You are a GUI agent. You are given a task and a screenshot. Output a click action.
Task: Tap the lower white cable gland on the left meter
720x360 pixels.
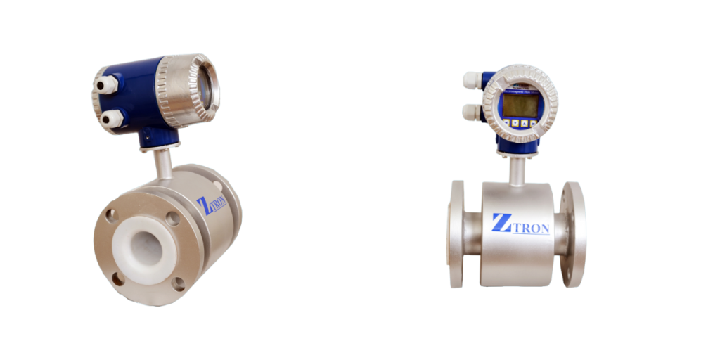[x=110, y=120]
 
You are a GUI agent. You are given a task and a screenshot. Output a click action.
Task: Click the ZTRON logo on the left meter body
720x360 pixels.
[x=211, y=205]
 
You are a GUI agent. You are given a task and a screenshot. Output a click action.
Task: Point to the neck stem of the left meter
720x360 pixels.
[x=162, y=164]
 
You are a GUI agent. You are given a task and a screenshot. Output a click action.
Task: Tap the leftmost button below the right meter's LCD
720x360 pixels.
[x=506, y=123]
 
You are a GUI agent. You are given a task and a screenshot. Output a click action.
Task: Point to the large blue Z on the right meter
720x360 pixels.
[x=502, y=223]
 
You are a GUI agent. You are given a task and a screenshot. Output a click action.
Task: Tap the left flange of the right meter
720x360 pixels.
[x=456, y=233]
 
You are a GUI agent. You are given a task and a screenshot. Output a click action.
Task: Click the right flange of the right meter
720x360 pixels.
[x=573, y=234]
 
